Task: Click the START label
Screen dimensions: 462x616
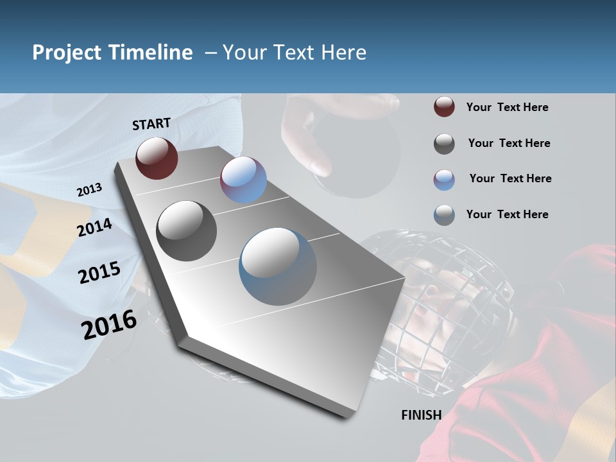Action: (151, 124)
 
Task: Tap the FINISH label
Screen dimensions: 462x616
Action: (422, 415)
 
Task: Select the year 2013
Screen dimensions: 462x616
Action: (89, 190)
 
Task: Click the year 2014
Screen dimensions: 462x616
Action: (95, 228)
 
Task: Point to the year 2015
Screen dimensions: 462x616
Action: (99, 273)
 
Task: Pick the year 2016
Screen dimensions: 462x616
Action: (109, 325)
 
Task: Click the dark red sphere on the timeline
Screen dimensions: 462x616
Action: (157, 158)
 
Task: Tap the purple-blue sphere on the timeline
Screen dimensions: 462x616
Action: (243, 180)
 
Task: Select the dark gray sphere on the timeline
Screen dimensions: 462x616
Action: (187, 231)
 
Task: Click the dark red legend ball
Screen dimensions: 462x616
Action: (444, 107)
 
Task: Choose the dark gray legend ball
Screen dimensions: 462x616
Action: (444, 144)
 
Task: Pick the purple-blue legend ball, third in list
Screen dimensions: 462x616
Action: (444, 180)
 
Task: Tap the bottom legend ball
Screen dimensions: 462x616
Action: (444, 215)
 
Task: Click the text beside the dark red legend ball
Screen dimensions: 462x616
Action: (507, 108)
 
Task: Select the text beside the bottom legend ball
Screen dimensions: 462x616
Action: (507, 214)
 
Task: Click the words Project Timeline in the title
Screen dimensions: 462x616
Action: (112, 53)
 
